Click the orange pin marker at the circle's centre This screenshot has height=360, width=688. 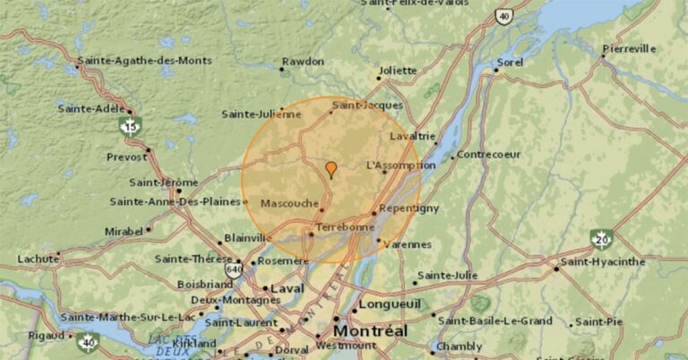[x=331, y=169]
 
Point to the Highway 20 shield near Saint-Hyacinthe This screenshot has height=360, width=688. [x=601, y=239]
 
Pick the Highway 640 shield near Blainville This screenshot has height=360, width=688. [x=235, y=267]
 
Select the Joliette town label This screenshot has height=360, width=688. [x=397, y=71]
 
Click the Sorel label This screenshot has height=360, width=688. [x=510, y=63]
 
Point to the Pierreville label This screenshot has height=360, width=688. [x=629, y=48]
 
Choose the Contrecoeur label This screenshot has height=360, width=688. [x=489, y=155]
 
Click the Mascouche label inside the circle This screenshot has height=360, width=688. [x=288, y=203]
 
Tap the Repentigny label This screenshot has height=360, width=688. [x=408, y=209]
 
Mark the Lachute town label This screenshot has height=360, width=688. [x=38, y=259]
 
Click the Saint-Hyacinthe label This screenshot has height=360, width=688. [x=601, y=261]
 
